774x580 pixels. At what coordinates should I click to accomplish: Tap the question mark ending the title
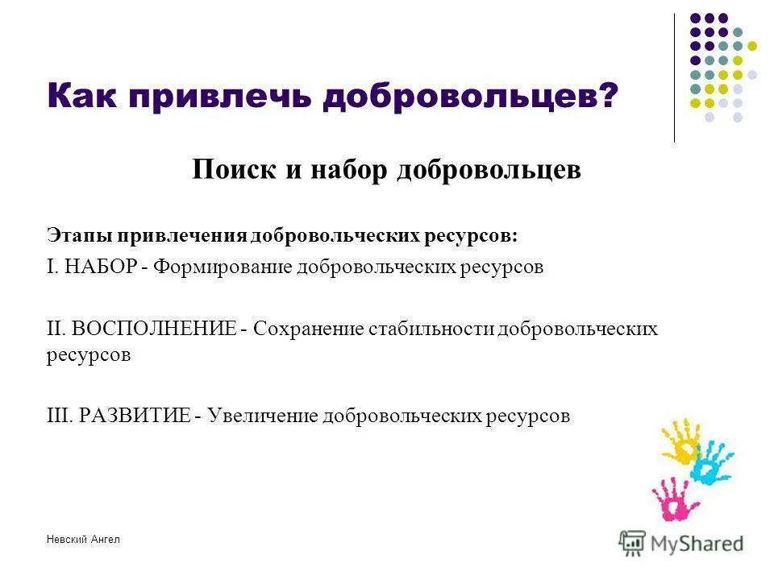click(x=606, y=98)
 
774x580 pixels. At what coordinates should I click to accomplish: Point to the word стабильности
click(x=433, y=329)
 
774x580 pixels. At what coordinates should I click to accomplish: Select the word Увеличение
click(x=262, y=415)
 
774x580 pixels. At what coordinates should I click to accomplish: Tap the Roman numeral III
click(x=58, y=415)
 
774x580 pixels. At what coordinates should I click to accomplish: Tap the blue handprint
click(x=714, y=462)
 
